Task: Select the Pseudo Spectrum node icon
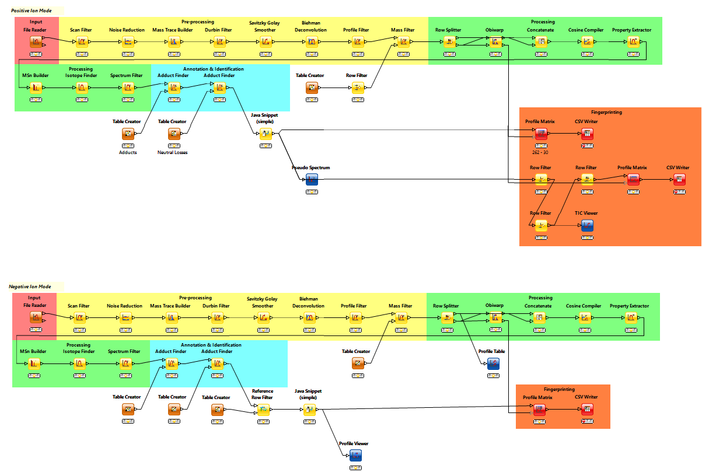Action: (312, 180)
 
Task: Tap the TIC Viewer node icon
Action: (587, 225)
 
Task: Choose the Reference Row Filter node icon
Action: (263, 410)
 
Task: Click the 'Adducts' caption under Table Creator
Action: (127, 152)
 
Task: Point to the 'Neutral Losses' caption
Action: (172, 152)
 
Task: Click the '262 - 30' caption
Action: (539, 152)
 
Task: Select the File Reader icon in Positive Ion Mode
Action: (36, 41)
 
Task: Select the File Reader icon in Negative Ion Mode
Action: (36, 317)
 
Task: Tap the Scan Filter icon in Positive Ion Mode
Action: (82, 41)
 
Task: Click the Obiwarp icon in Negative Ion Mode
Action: (494, 317)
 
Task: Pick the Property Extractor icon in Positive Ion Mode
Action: (633, 41)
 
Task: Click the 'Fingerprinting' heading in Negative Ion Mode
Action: (559, 389)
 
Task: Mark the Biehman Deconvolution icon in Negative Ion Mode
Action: (310, 317)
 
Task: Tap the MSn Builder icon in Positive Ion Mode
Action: (36, 88)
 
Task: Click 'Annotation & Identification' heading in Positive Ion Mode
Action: (213, 69)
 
